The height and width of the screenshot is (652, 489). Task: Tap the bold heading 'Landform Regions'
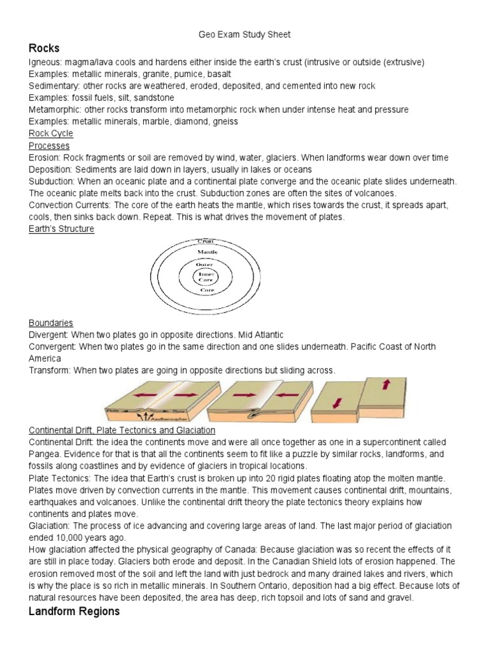click(x=73, y=611)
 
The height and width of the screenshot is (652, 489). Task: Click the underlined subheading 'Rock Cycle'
click(x=51, y=133)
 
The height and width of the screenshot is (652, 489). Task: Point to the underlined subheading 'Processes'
click(x=49, y=145)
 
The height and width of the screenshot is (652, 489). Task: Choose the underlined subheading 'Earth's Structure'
click(x=61, y=229)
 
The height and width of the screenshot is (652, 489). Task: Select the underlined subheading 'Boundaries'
click(x=51, y=323)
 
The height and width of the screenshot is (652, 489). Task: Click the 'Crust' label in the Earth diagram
click(x=206, y=241)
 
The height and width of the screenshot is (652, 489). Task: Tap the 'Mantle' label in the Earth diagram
click(x=206, y=252)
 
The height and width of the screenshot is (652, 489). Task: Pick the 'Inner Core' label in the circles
click(x=205, y=277)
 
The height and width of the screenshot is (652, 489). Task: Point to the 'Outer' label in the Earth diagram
click(x=205, y=264)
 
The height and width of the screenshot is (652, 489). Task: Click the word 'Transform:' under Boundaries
click(x=50, y=371)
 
